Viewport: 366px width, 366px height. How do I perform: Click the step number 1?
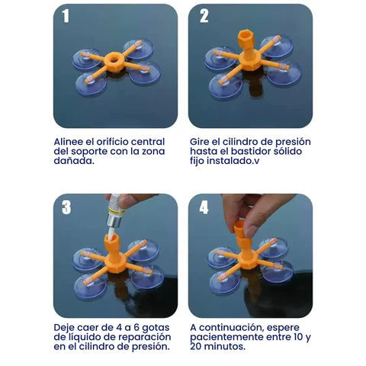[66, 18]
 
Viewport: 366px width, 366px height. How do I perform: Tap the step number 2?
[204, 17]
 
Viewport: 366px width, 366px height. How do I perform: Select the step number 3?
[67, 207]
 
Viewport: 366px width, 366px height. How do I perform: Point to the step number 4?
[204, 207]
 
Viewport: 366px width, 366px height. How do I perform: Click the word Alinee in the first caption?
[70, 142]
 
